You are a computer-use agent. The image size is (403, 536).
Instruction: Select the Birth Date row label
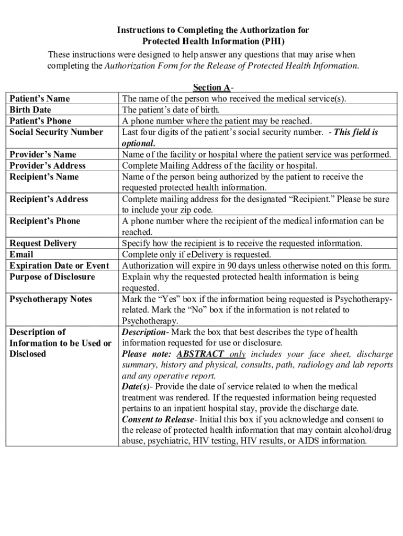pos(30,110)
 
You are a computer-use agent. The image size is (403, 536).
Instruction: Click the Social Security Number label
pos(57,132)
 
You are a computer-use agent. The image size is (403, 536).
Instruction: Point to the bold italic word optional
pos(138,143)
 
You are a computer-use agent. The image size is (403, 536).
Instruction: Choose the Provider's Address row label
pos(48,165)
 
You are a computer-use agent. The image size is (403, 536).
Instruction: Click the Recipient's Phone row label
pos(45,221)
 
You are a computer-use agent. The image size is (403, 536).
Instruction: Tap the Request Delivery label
pos(43,243)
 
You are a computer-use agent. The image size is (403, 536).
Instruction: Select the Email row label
pos(21,254)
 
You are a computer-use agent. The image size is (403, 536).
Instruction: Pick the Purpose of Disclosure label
pos(52,276)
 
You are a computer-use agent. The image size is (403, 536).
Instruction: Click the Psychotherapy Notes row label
pos(51,299)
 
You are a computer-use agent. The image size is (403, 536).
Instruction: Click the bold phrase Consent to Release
pos(158,419)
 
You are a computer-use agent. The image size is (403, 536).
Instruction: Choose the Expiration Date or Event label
pos(60,265)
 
